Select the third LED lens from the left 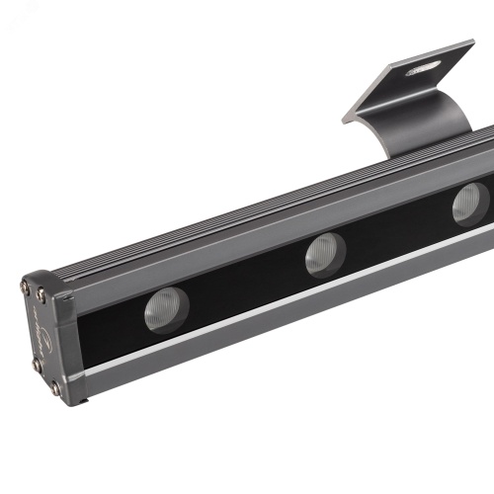[x=470, y=205]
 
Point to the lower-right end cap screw [x=56, y=387]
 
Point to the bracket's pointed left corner [x=346, y=120]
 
